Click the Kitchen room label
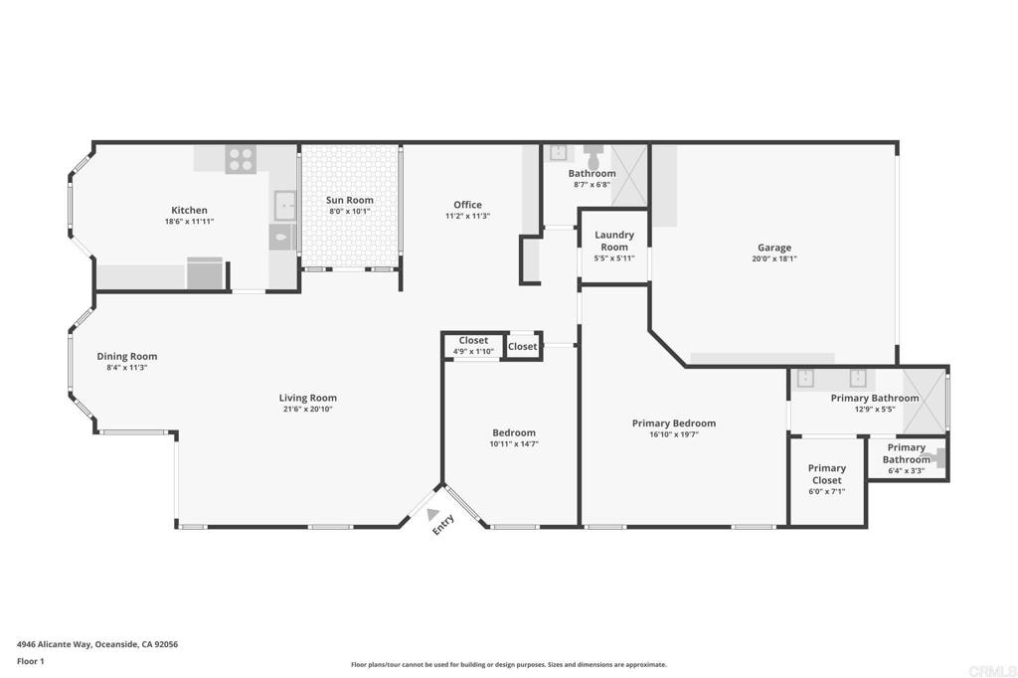point(189,211)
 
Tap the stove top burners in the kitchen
point(241,159)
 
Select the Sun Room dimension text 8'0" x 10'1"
point(349,211)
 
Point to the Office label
point(467,205)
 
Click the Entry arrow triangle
point(433,514)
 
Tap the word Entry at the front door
point(443,525)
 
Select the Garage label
point(774,248)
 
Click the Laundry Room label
point(614,241)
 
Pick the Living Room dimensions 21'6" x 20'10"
point(308,410)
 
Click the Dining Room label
point(127,356)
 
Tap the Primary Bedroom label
point(674,424)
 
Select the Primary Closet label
point(826,474)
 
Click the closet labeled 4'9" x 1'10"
point(473,344)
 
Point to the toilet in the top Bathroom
point(593,156)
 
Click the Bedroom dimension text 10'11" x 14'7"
point(514,444)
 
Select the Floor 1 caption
point(31,661)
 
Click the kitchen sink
point(284,205)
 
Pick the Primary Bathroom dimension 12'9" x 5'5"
point(875,410)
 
